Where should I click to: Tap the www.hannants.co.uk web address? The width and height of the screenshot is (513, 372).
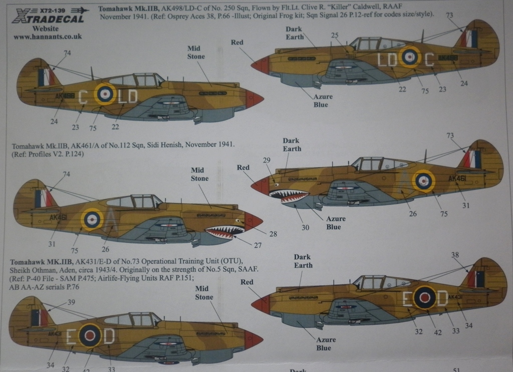pos(48,37)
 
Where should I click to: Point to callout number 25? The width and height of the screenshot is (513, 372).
pos(335,35)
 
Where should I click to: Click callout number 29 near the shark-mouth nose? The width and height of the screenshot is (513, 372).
pos(267,160)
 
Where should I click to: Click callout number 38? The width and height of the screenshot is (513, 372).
pos(455,255)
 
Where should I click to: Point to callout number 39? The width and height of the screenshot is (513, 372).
pos(71,302)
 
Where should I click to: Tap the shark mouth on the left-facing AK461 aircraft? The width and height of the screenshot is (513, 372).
pos(224,232)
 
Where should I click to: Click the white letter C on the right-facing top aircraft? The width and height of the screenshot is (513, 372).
pos(429,60)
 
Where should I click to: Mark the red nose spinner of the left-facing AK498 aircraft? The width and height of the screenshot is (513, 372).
pos(254,99)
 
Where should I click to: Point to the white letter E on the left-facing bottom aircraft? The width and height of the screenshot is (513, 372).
pos(71,337)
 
